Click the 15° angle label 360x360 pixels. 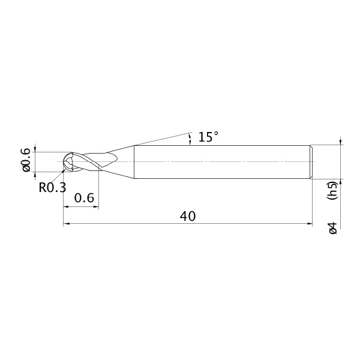pyautogui.click(x=208, y=137)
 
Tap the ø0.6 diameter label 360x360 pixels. pyautogui.click(x=26, y=160)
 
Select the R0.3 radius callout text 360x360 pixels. pyautogui.click(x=52, y=187)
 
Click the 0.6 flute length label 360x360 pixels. pyautogui.click(x=84, y=197)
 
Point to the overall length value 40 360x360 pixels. pyautogui.click(x=188, y=216)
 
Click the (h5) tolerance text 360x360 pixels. pyautogui.click(x=332, y=190)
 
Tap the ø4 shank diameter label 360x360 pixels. pyautogui.click(x=332, y=228)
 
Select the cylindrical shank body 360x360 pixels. pyautogui.click(x=222, y=162)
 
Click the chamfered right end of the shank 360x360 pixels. pyautogui.click(x=311, y=162)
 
